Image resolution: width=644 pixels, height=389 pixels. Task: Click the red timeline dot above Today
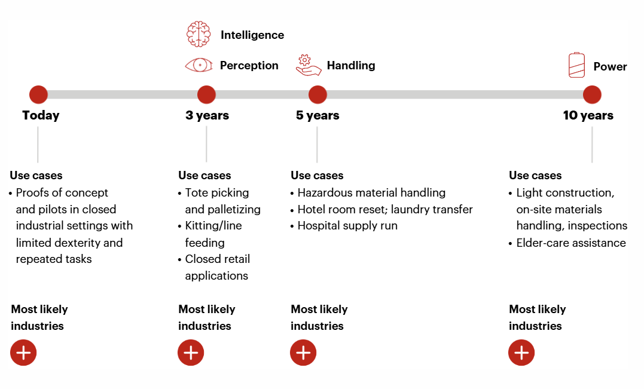(x=38, y=95)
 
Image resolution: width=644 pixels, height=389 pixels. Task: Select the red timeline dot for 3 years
(x=206, y=95)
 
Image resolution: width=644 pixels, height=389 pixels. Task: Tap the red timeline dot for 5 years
(x=318, y=95)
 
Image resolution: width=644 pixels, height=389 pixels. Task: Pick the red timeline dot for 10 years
(x=592, y=95)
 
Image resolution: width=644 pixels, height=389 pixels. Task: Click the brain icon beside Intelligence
(x=199, y=34)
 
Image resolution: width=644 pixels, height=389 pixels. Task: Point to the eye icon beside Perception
(x=199, y=65)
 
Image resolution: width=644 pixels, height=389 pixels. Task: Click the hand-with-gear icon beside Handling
(x=308, y=65)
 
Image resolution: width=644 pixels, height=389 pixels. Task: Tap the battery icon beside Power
(x=576, y=65)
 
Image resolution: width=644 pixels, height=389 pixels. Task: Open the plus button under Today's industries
(x=23, y=353)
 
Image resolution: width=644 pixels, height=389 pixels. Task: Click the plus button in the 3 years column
(x=191, y=353)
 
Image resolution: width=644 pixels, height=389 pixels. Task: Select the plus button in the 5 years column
(x=303, y=353)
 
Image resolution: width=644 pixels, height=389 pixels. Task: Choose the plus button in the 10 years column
(x=521, y=353)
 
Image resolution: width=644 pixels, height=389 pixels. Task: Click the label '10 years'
(x=588, y=115)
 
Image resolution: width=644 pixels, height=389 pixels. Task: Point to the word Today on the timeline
(x=41, y=115)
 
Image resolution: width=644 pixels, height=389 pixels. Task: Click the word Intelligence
(x=252, y=35)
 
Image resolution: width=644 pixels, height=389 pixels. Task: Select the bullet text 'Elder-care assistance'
(x=571, y=243)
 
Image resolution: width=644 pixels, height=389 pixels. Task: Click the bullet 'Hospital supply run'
(x=347, y=226)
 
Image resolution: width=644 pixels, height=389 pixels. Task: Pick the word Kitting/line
(x=213, y=226)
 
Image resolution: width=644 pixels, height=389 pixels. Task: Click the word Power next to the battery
(x=610, y=66)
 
